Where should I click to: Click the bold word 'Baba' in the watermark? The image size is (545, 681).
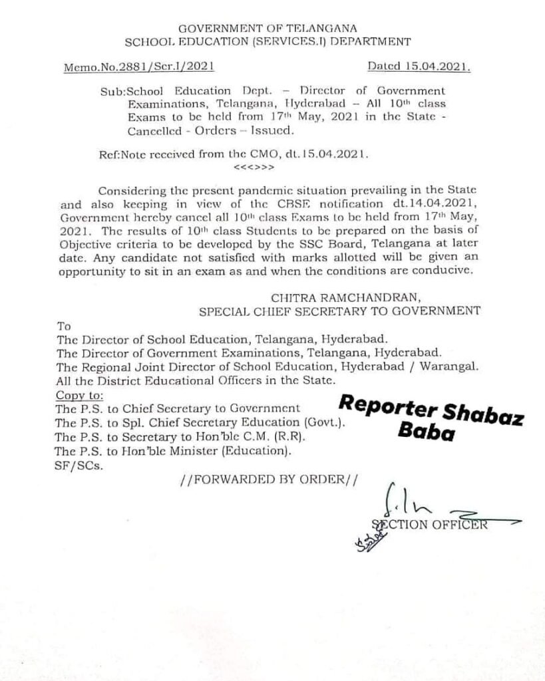[x=426, y=433]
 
